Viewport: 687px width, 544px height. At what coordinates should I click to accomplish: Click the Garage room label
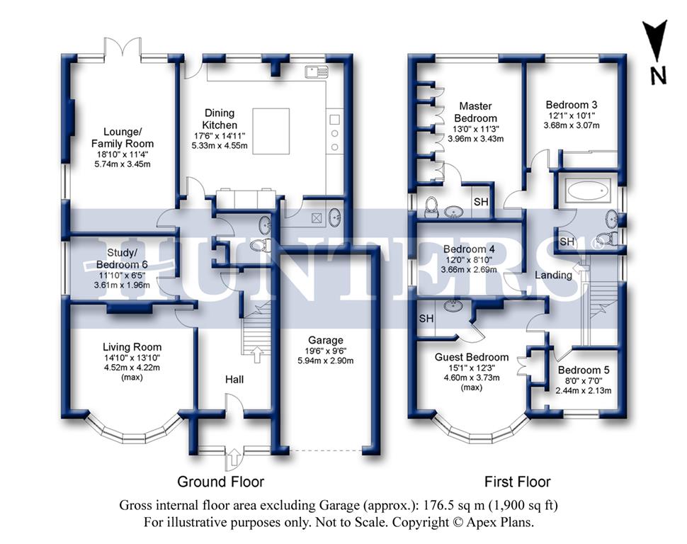pyautogui.click(x=326, y=340)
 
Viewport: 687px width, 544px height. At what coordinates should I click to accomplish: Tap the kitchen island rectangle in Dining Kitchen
pyautogui.click(x=271, y=131)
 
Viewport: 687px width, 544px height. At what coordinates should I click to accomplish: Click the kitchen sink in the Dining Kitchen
pyautogui.click(x=317, y=71)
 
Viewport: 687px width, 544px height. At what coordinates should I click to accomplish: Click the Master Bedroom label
pyautogui.click(x=475, y=112)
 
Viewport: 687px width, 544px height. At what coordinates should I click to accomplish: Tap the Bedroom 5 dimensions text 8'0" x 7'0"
pyautogui.click(x=583, y=381)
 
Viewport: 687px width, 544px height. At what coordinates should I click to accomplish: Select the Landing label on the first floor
pyautogui.click(x=553, y=276)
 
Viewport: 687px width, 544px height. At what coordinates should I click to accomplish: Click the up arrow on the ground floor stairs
pyautogui.click(x=257, y=354)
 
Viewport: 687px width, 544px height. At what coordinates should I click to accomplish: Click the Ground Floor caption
pyautogui.click(x=220, y=482)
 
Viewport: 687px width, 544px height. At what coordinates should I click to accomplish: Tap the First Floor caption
pyautogui.click(x=517, y=482)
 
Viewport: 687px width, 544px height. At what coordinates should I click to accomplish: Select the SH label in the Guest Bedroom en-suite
pyautogui.click(x=426, y=318)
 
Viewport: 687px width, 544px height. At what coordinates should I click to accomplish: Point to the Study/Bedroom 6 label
pyautogui.click(x=122, y=259)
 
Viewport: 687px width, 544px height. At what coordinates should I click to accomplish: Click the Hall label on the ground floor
pyautogui.click(x=234, y=380)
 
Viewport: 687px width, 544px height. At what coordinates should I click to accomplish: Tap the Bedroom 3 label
pyautogui.click(x=572, y=105)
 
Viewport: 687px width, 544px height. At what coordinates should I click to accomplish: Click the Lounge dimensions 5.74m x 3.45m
pyautogui.click(x=123, y=164)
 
